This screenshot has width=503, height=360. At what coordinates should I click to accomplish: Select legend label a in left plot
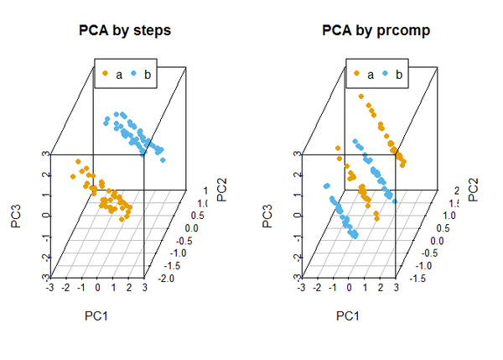point(119,75)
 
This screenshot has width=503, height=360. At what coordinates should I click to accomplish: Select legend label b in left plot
point(148,75)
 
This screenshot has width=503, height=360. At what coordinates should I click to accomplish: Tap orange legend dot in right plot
point(357,75)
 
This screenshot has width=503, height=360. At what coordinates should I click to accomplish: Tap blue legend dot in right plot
point(386,75)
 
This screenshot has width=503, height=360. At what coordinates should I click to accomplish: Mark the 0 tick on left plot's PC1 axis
point(98,287)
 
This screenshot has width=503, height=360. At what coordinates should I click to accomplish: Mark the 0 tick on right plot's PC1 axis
point(350,287)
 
